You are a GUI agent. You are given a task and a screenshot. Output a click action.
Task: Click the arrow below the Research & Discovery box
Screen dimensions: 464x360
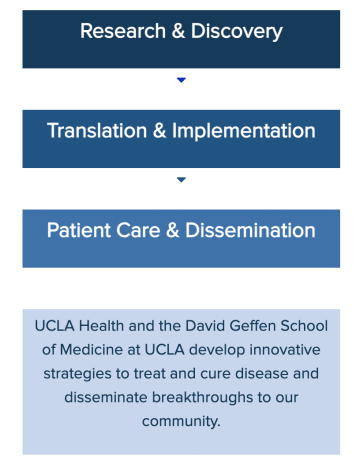coord(181,80)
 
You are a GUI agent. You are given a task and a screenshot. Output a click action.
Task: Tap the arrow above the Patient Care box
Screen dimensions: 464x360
coord(181,180)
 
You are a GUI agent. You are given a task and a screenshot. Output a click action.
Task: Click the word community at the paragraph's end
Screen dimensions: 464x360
coord(180,421)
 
